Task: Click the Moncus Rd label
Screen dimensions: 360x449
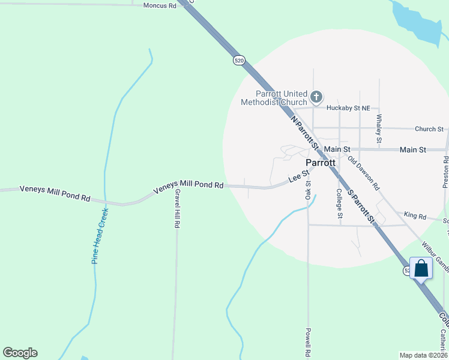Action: (160, 5)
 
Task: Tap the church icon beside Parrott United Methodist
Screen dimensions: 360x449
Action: (316, 96)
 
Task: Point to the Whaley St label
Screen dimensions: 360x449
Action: (379, 129)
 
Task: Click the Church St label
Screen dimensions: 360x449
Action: (429, 129)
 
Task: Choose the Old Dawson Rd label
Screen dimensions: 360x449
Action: (364, 174)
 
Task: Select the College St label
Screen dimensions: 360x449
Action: (339, 203)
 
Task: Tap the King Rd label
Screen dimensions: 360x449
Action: (415, 215)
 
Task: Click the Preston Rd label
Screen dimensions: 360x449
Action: (445, 172)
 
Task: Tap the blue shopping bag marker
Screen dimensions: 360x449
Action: (421, 269)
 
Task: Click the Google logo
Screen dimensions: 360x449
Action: (20, 353)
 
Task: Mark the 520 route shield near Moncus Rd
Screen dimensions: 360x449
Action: (240, 61)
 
